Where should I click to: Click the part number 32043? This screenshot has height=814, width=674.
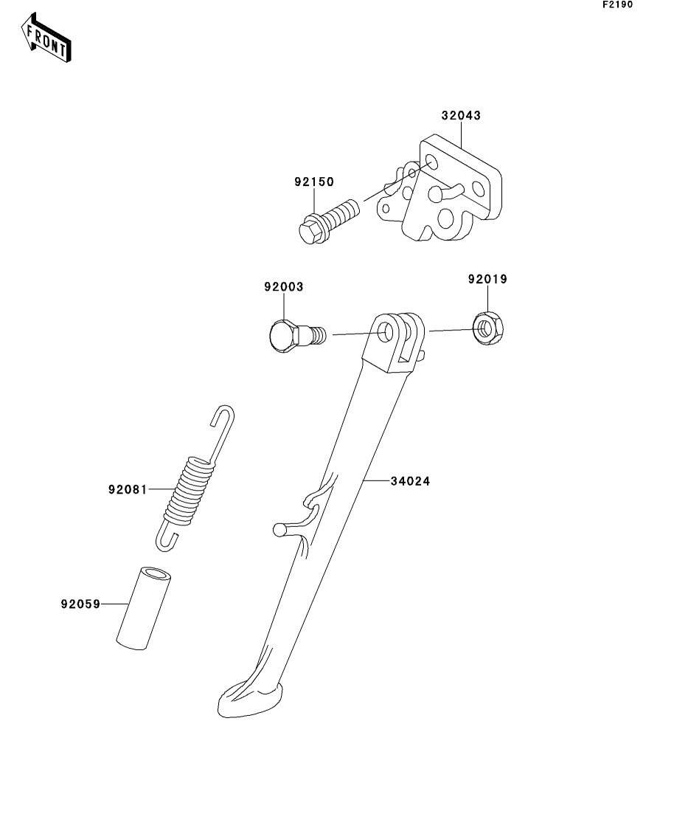[x=461, y=116]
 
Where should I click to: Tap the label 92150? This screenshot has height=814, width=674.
[x=313, y=182]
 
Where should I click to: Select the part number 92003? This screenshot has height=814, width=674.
[x=284, y=286]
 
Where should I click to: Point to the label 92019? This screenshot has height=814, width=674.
[x=487, y=279]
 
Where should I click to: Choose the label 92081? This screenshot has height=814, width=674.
[x=127, y=489]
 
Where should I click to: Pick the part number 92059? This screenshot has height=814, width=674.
[x=80, y=604]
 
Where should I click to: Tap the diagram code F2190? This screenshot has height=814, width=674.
[x=617, y=4]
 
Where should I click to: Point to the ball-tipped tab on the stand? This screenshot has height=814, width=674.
[x=278, y=528]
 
